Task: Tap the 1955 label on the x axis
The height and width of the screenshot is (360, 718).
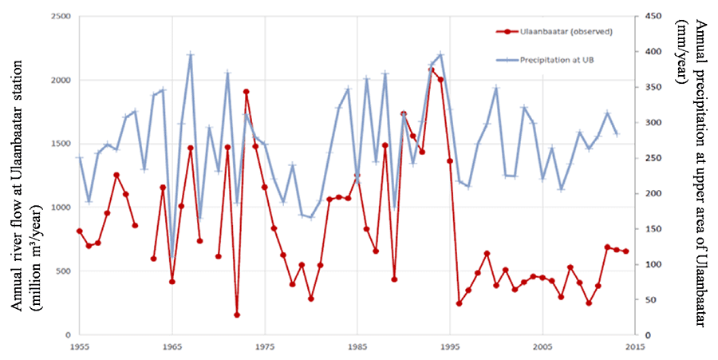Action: (x=79, y=348)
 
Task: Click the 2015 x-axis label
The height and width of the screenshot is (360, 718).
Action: (x=635, y=348)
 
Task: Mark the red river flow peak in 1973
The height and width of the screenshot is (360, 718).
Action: (x=247, y=92)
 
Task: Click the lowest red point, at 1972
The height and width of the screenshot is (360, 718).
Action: (x=237, y=315)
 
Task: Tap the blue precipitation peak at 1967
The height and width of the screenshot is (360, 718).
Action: (x=191, y=54)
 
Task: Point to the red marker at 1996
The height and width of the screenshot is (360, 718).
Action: (x=460, y=303)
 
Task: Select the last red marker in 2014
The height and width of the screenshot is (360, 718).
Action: (x=626, y=251)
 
